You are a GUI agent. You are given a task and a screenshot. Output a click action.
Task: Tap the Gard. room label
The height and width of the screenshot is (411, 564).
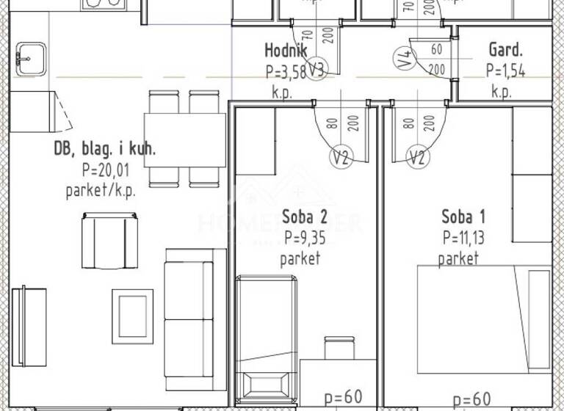pos(505,50)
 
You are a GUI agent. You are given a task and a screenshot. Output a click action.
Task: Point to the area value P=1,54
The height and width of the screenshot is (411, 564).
pos(505,71)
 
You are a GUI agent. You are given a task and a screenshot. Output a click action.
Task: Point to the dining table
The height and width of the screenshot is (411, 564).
pos(184,139)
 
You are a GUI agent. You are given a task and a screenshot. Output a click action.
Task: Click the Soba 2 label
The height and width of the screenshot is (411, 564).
pos(304,217)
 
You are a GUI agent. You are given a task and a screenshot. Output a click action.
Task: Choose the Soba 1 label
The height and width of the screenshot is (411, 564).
pos(463,217)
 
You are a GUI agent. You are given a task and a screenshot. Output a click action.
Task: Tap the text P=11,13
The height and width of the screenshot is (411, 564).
pos(463,238)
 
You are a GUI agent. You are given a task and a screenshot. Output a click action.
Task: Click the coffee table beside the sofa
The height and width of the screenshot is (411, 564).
pos(133,313)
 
